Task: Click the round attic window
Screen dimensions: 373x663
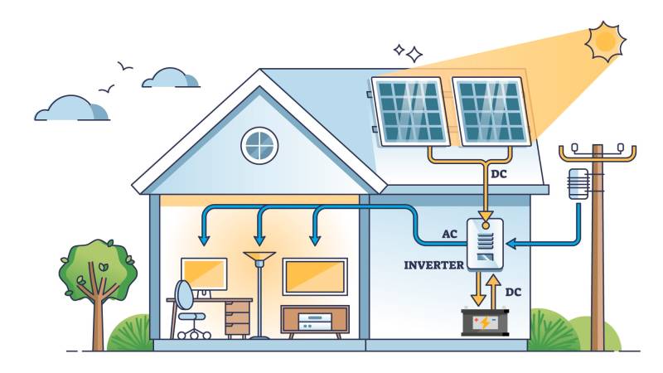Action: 259,144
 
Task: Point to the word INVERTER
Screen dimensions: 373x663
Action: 433,265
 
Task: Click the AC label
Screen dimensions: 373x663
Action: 450,234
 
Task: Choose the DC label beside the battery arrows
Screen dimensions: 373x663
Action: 514,293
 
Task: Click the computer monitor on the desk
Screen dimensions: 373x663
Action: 203,274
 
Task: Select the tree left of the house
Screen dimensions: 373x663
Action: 98,274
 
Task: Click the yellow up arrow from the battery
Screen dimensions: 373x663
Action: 493,291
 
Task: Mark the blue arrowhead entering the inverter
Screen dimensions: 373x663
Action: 511,243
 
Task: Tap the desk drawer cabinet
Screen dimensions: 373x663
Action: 237,317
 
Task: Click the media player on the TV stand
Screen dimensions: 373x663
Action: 314,319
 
